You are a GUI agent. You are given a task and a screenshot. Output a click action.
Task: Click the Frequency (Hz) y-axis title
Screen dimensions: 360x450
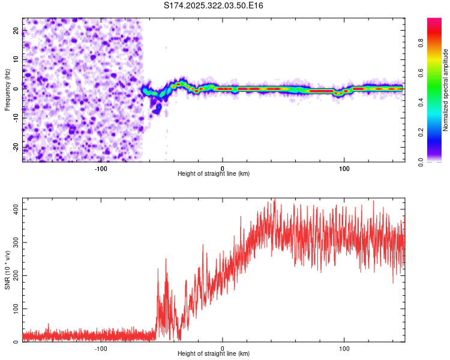(7, 89)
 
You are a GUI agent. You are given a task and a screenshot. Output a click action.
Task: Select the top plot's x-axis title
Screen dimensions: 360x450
(214, 173)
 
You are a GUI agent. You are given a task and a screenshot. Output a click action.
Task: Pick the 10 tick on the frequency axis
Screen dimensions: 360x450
(16, 59)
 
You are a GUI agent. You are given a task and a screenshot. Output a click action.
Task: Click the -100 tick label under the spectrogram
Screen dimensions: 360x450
(101, 167)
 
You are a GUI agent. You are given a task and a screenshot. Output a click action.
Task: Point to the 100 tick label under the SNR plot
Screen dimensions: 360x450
(344, 347)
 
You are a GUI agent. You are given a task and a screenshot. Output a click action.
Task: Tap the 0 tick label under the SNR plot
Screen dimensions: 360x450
(223, 347)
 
